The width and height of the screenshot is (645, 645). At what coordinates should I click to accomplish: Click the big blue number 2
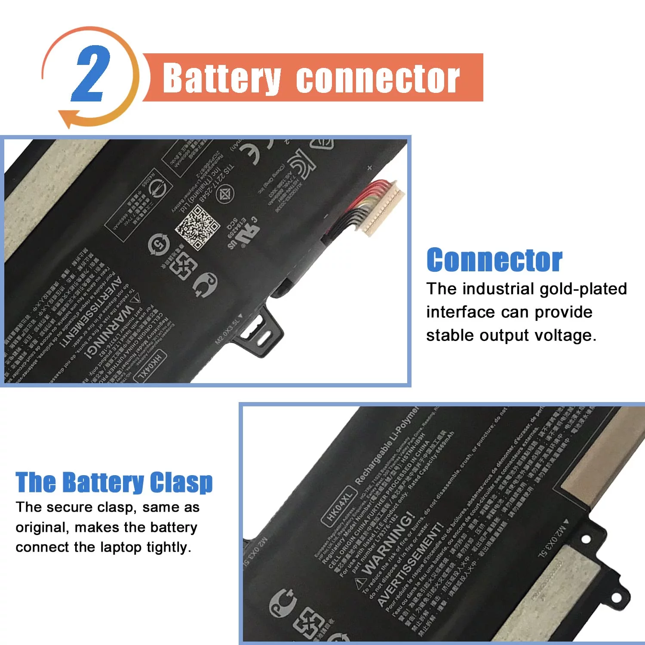point(91,74)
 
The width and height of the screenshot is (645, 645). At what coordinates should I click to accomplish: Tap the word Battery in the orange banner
point(222,78)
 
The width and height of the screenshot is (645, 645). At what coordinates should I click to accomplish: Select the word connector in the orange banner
point(378,78)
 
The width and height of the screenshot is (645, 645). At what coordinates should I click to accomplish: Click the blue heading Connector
point(494,260)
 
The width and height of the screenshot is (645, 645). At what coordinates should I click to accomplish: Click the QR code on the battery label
point(197,227)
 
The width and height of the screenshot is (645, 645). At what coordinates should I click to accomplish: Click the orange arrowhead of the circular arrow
point(67,118)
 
